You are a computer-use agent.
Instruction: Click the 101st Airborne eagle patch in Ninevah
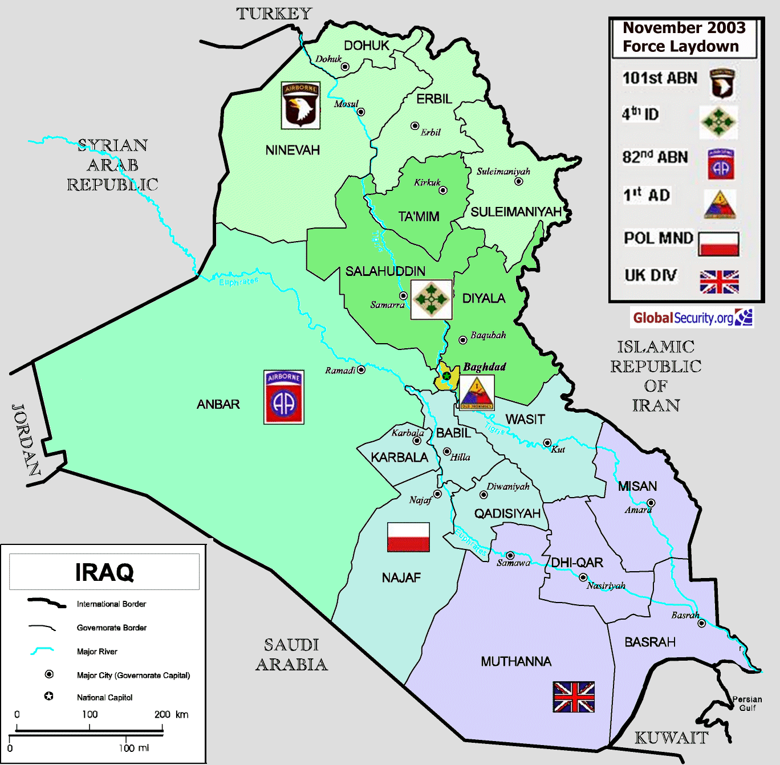pos(300,105)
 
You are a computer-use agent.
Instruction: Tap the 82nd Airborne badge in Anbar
pos(284,397)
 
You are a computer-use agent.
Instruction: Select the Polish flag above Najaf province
pos(408,537)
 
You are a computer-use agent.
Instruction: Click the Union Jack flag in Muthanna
pos(574,697)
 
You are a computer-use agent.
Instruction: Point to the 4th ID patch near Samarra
pos(432,299)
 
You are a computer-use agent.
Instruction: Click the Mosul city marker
pos(360,112)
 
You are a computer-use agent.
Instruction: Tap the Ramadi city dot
pos(361,370)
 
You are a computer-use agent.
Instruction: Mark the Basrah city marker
pos(702,624)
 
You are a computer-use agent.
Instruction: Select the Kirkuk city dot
pos(443,190)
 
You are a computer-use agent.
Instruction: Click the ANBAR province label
pos(218,404)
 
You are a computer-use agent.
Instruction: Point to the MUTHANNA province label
pos(516,661)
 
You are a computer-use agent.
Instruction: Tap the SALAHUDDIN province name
pos(385,271)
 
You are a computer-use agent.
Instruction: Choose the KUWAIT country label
pos(672,738)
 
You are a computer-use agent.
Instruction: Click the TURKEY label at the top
pos(274,14)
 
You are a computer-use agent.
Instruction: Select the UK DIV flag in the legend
pos(719,282)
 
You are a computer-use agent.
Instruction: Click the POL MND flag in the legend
pos(718,244)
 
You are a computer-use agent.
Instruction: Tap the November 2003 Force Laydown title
pos(684,37)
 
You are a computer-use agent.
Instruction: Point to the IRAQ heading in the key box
pos(104,572)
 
